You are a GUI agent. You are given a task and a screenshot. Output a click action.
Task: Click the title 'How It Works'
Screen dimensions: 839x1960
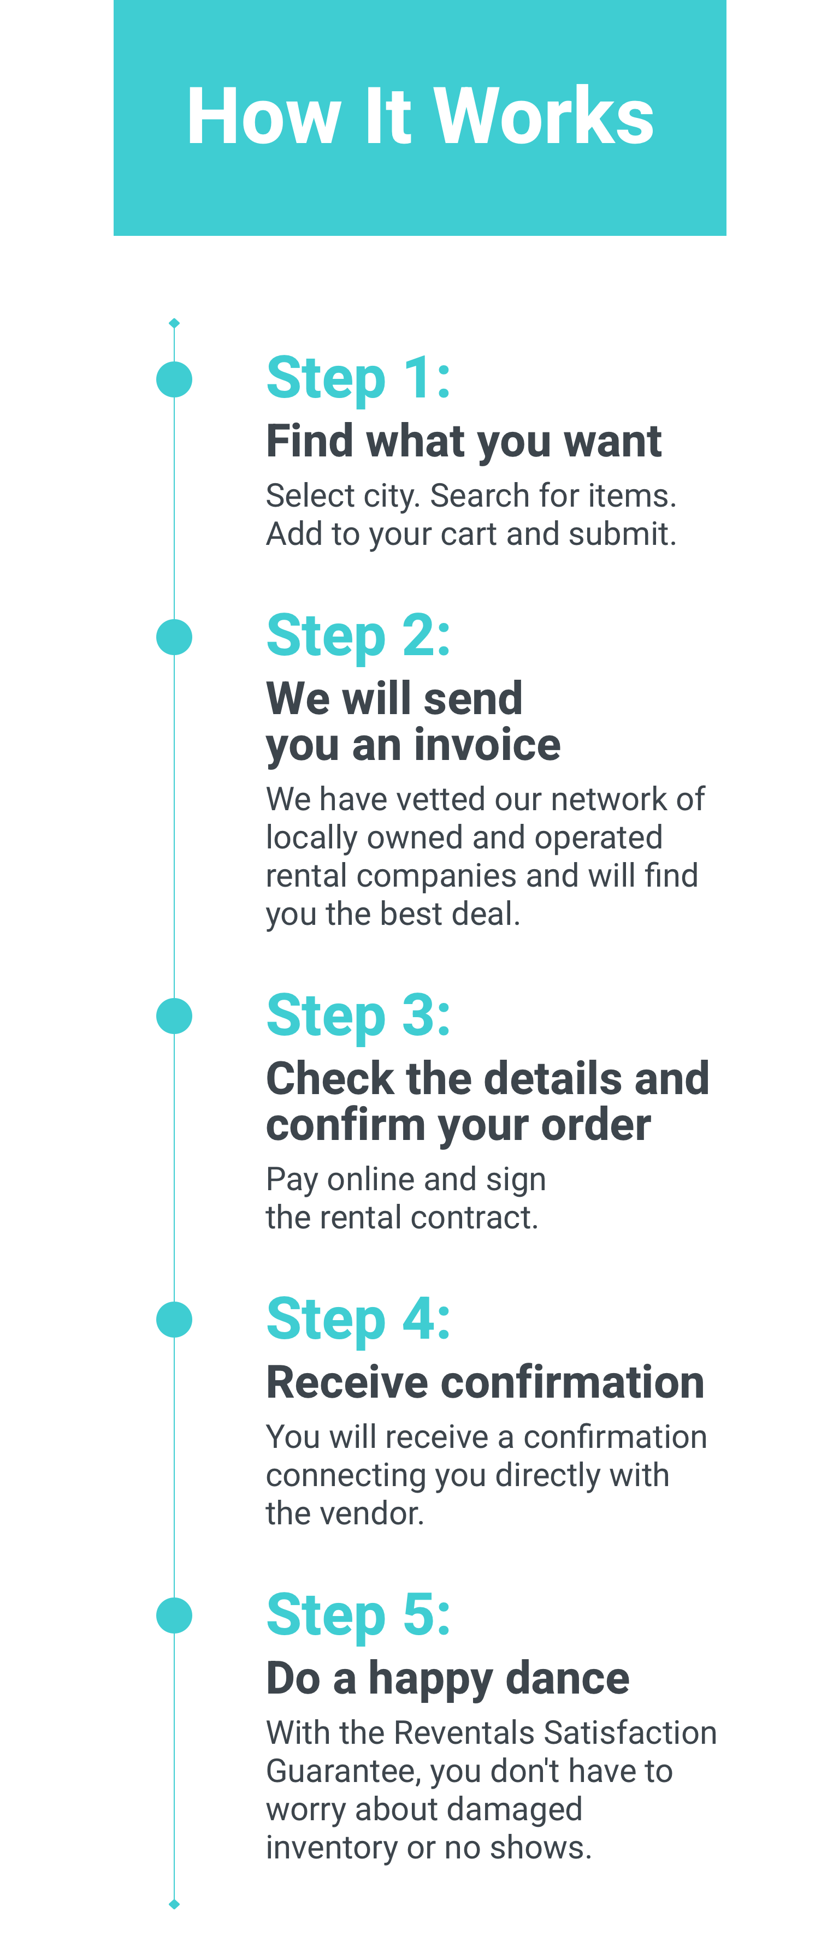tap(420, 116)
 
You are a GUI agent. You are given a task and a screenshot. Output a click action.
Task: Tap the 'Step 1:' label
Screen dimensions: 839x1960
tap(358, 378)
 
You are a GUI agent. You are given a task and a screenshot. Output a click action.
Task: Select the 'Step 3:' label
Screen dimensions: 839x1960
tap(358, 1016)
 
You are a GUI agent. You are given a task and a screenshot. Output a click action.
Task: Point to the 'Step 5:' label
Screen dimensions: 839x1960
tap(358, 1615)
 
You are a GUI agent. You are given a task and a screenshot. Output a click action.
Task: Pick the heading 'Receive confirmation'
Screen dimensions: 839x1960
tap(485, 1382)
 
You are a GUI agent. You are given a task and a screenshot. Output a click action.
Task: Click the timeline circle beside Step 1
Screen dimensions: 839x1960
tap(174, 379)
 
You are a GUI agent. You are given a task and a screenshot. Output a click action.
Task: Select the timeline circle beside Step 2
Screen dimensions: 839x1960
tap(174, 637)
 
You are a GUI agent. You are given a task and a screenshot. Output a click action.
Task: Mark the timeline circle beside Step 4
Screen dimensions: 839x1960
tap(174, 1320)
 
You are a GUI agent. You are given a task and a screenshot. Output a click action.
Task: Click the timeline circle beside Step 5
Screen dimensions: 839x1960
tap(174, 1615)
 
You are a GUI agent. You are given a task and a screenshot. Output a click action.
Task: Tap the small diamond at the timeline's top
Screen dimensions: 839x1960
tap(174, 323)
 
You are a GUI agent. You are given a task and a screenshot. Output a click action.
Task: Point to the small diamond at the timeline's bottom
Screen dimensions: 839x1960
tap(174, 1904)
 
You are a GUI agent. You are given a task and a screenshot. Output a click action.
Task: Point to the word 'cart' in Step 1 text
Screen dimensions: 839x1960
tap(469, 534)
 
